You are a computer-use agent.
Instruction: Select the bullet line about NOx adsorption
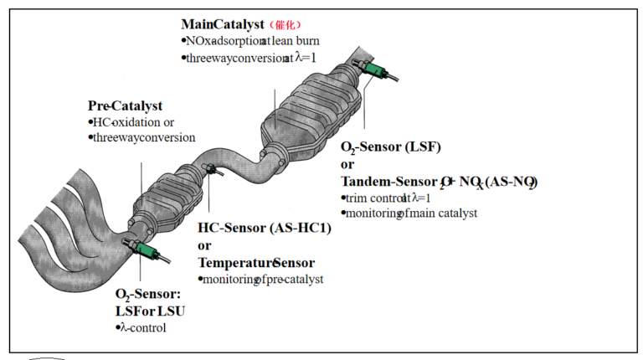(251, 40)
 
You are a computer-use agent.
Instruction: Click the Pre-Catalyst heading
(125, 105)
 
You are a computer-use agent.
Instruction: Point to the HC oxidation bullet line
(133, 122)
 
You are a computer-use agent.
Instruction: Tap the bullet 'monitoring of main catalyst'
(410, 213)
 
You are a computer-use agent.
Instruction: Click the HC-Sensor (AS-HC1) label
(264, 228)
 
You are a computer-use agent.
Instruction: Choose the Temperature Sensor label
(255, 262)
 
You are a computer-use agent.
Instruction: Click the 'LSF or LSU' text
(150, 311)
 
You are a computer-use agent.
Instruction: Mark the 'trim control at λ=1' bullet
(384, 198)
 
